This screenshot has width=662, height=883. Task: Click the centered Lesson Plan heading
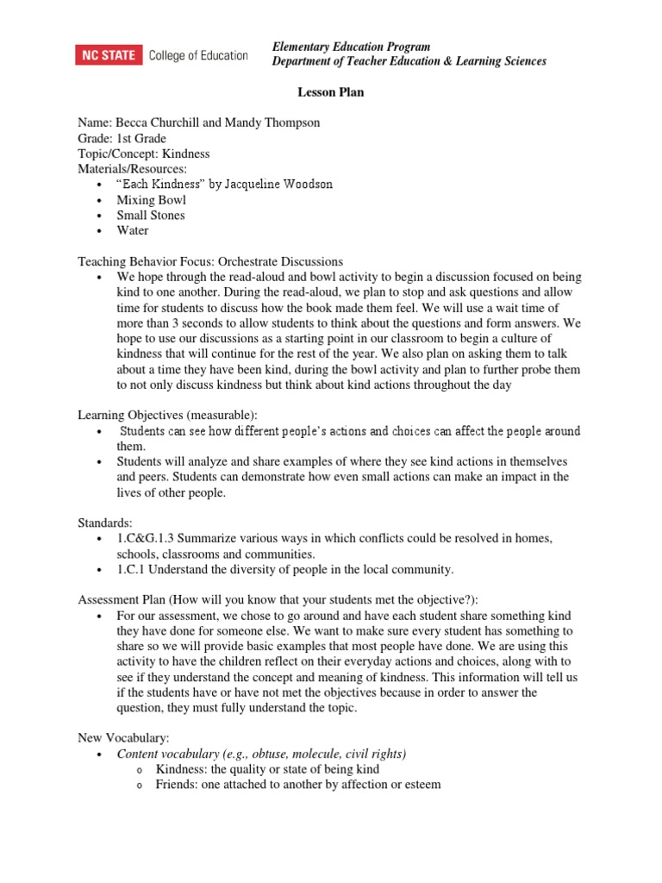(x=330, y=92)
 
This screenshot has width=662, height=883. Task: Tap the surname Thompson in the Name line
(x=291, y=123)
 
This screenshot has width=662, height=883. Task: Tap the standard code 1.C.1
(x=134, y=569)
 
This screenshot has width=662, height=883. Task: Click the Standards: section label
(x=105, y=523)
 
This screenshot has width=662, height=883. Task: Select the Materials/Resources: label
(x=132, y=169)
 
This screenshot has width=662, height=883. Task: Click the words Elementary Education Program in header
(x=351, y=47)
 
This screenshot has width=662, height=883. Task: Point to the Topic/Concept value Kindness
(x=187, y=153)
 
